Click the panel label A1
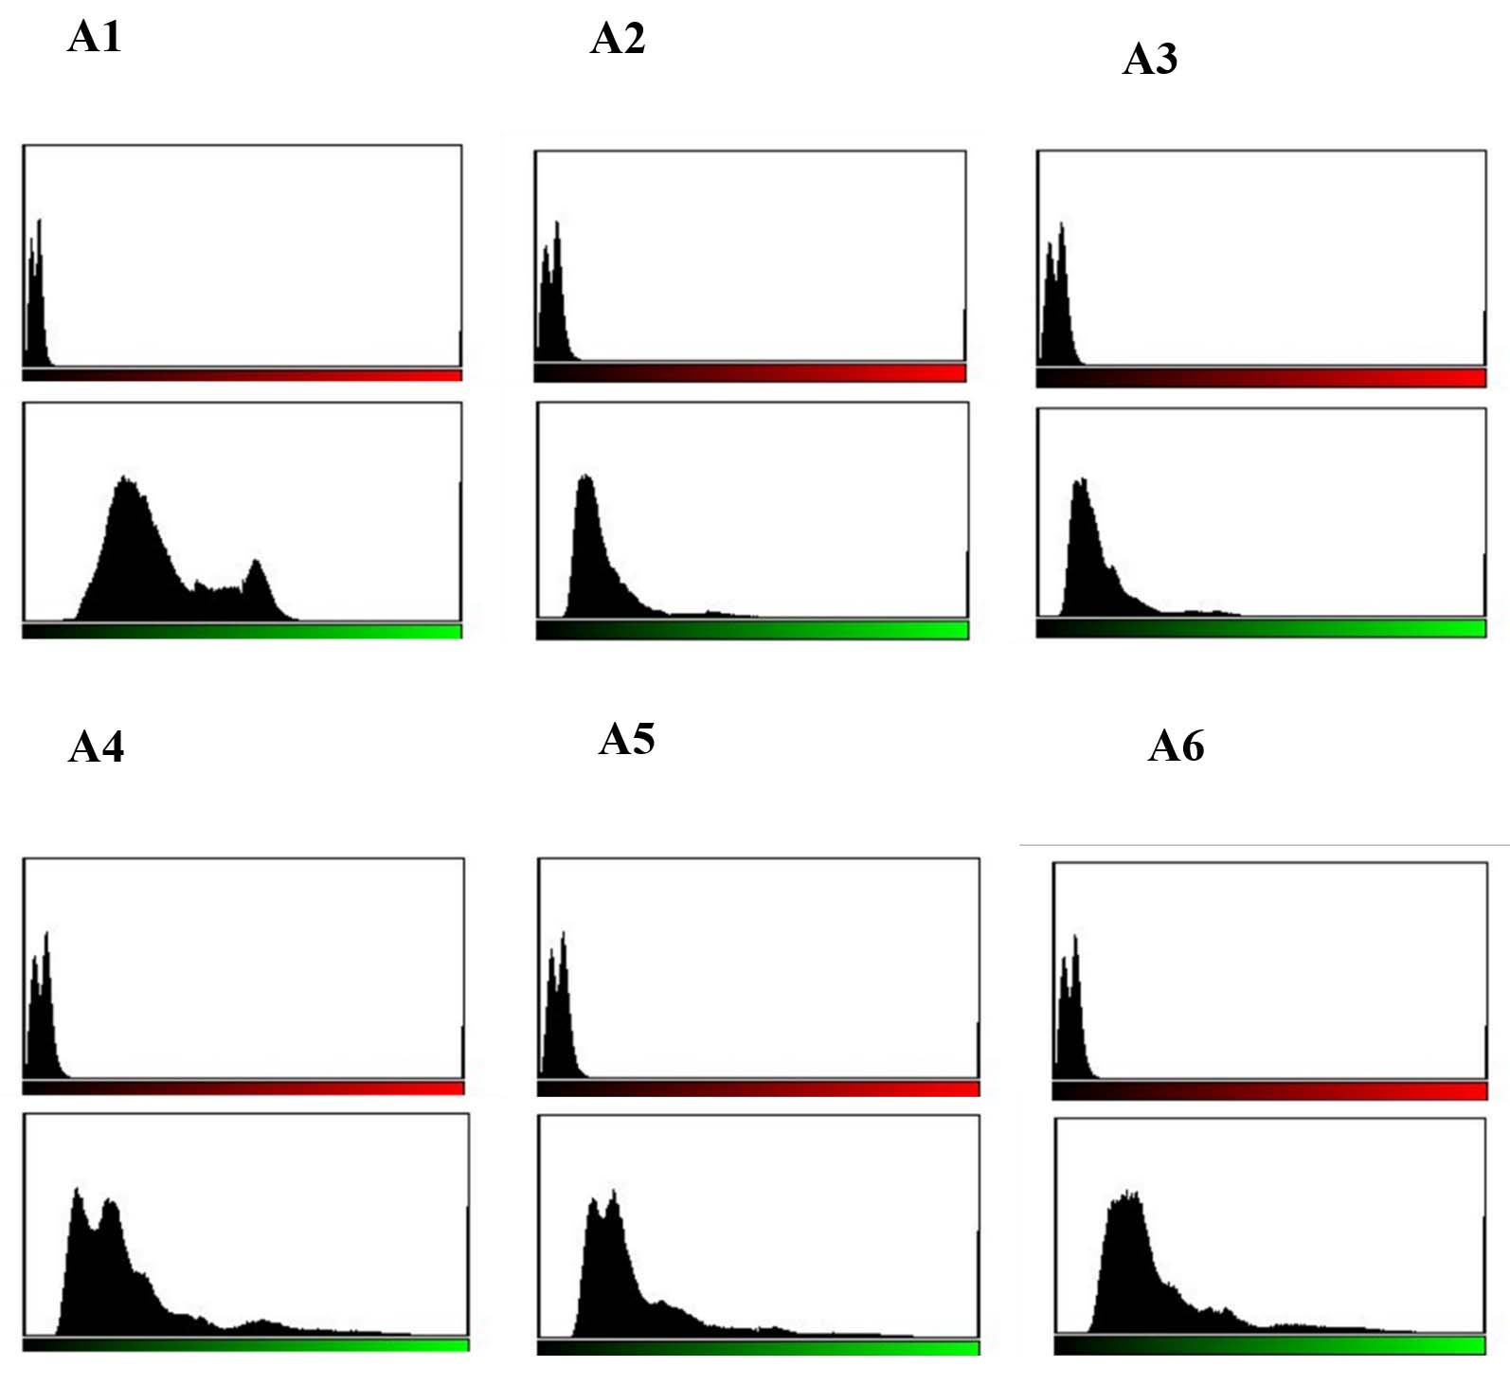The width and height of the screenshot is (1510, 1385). point(95,38)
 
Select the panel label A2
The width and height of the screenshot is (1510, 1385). point(618,40)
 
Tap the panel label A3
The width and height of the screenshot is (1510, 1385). point(1150,60)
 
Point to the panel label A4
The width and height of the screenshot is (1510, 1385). point(97,747)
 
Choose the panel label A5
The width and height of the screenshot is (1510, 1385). point(626,740)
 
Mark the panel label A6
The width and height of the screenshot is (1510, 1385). point(1176,746)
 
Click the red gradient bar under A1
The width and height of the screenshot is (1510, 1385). point(243,375)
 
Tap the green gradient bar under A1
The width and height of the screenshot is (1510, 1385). point(243,631)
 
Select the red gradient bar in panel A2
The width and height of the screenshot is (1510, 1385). point(750,373)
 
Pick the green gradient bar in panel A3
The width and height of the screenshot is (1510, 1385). point(1261,628)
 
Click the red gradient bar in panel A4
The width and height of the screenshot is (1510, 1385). point(243,1088)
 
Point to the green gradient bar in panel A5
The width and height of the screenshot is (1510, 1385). point(758,1348)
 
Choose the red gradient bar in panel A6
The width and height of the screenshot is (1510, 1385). point(1269,1092)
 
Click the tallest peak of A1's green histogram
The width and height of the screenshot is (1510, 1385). point(125,479)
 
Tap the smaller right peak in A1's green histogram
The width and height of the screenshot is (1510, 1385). point(256,564)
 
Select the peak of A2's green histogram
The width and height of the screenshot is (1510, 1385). point(586,477)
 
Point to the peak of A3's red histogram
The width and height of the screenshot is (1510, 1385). point(1062,225)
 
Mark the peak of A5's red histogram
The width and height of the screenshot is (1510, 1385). point(564,935)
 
